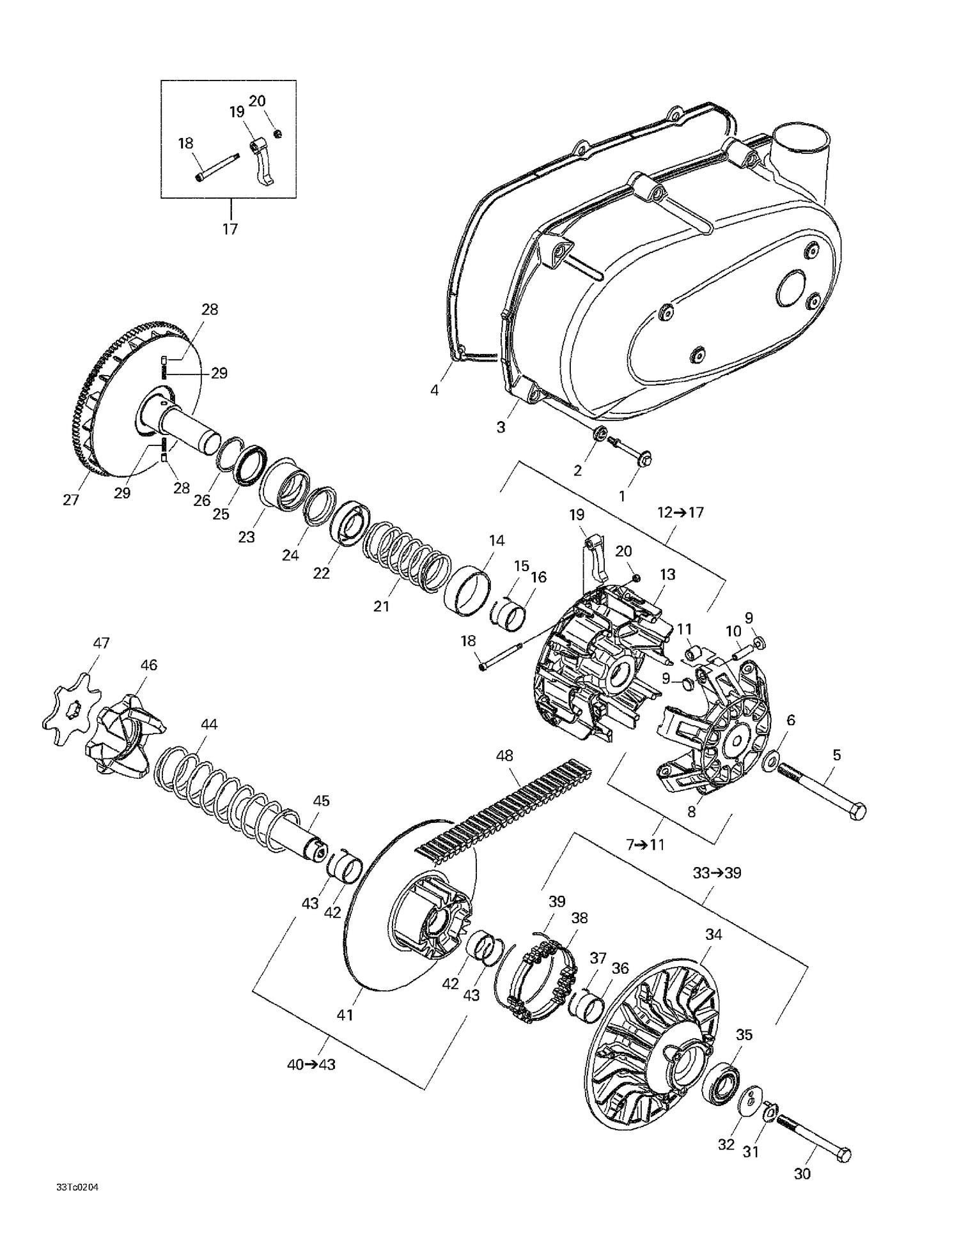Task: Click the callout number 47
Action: [101, 643]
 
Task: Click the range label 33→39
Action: [717, 872]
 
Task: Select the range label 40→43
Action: [311, 1064]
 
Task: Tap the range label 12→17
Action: [680, 512]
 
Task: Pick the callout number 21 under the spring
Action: [381, 606]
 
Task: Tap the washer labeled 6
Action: [770, 761]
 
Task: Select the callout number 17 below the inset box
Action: [230, 229]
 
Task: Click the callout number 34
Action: [713, 934]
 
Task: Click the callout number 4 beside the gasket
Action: [435, 390]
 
